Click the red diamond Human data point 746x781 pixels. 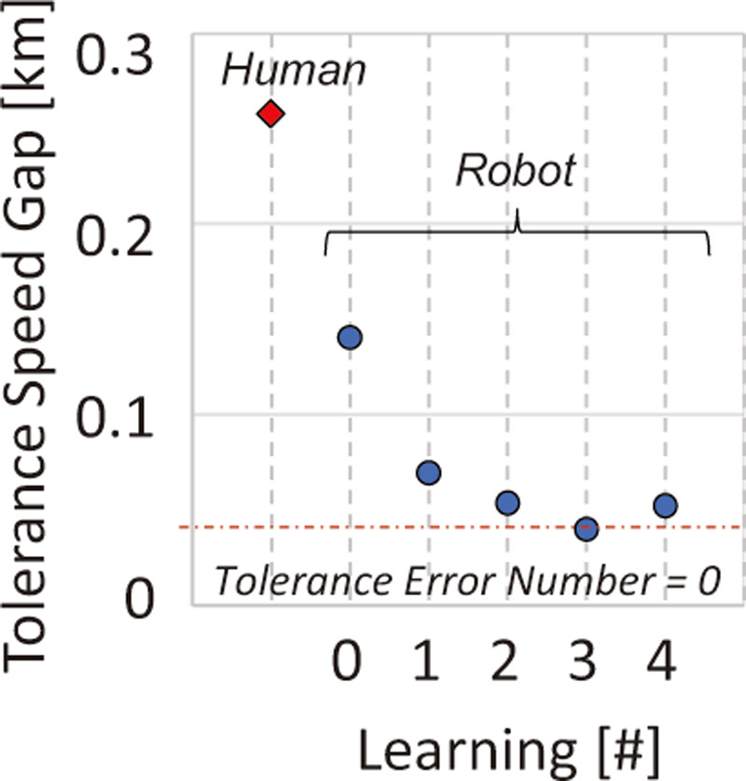pyautogui.click(x=270, y=114)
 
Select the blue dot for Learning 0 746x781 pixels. pyautogui.click(x=349, y=337)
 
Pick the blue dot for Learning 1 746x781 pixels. pyautogui.click(x=428, y=472)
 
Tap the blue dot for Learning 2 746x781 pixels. pyautogui.click(x=507, y=503)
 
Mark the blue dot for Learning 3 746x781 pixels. pyautogui.click(x=586, y=529)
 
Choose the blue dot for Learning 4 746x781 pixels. pyautogui.click(x=665, y=506)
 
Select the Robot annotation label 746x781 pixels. pyautogui.click(x=516, y=172)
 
